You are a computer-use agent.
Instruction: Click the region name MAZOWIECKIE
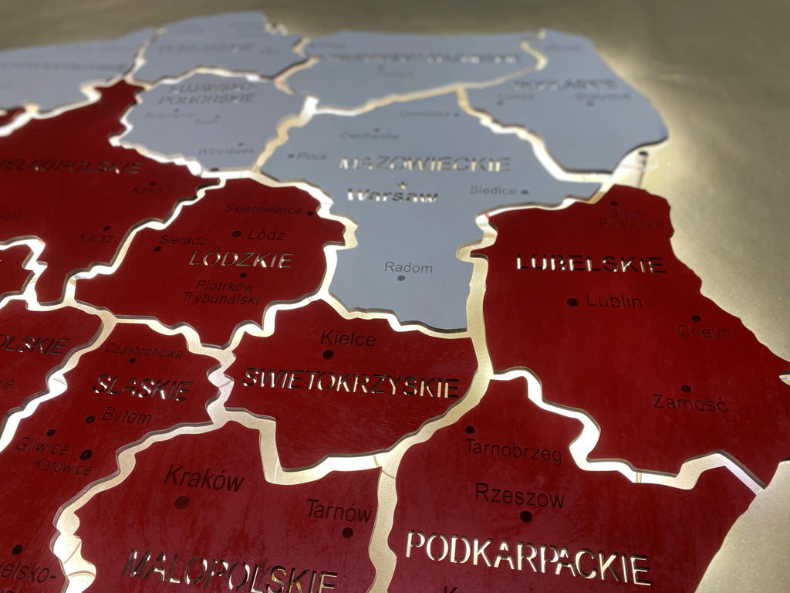tap(425, 164)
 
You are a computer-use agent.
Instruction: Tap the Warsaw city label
tap(393, 196)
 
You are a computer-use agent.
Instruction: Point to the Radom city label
tap(409, 267)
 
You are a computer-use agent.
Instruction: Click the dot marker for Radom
tap(401, 278)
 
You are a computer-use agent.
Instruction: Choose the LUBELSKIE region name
tap(590, 264)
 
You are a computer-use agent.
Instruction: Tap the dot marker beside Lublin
tap(572, 302)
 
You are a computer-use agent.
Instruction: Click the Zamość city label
tap(690, 402)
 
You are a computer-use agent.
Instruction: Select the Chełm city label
tap(705, 332)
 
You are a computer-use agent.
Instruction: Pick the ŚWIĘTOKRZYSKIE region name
tap(351, 382)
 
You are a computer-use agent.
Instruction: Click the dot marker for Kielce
tap(328, 354)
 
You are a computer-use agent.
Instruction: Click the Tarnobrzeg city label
tap(513, 451)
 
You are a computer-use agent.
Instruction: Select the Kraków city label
tap(204, 479)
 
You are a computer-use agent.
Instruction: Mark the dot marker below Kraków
tap(181, 502)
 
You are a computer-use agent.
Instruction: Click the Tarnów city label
tap(339, 510)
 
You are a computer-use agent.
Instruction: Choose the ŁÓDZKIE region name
tap(241, 259)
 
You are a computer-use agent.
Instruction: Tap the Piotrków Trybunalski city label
tap(222, 292)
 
